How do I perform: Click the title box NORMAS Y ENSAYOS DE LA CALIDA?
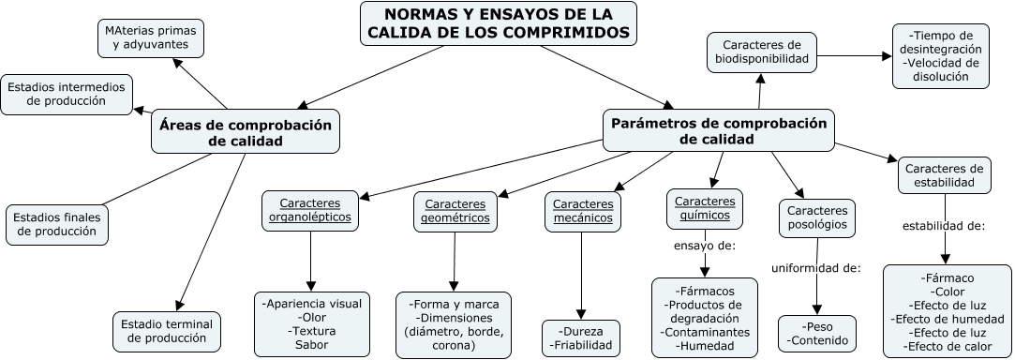(x=499, y=23)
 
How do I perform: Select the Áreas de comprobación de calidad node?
(x=246, y=132)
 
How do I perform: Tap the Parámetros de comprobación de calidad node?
(x=719, y=131)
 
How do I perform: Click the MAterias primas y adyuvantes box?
(x=150, y=37)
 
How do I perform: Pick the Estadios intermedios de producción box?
(x=67, y=94)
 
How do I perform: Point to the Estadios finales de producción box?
(x=55, y=223)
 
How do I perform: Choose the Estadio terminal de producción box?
(x=167, y=331)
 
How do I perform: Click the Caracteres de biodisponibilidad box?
(x=762, y=52)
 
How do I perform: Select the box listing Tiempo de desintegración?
(x=940, y=56)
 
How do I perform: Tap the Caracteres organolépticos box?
(x=309, y=210)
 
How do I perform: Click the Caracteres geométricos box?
(x=456, y=211)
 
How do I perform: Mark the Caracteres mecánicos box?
(x=583, y=211)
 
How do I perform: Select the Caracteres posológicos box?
(x=817, y=217)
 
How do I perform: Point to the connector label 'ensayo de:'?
(x=705, y=247)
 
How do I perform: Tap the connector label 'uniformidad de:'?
(x=815, y=269)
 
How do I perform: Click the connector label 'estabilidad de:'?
(x=943, y=226)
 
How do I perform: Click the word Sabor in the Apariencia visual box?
(x=313, y=344)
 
